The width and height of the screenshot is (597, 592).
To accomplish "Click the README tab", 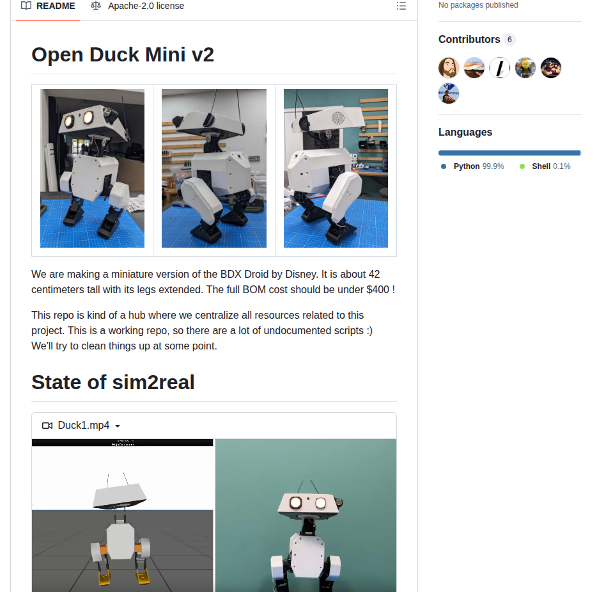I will click(48, 6).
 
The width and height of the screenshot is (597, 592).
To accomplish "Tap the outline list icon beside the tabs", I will click(401, 6).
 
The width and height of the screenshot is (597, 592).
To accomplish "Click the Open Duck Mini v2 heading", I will click(123, 55).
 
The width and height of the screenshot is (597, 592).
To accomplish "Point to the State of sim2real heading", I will click(113, 382).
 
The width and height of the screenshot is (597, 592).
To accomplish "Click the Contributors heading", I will click(469, 40).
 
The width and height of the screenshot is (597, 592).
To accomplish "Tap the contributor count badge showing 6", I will click(509, 40).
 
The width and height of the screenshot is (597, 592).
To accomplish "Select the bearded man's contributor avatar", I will click(449, 68).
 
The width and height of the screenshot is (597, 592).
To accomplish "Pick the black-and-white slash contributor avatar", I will click(500, 68).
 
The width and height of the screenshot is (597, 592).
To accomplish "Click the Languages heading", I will click(465, 132).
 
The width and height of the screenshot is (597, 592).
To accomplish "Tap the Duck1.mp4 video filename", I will click(83, 426).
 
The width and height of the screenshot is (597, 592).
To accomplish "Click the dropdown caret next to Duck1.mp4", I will click(118, 426).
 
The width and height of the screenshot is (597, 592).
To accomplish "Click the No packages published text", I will click(478, 5).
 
